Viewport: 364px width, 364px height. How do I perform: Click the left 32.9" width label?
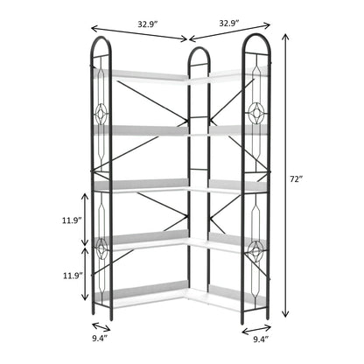148,24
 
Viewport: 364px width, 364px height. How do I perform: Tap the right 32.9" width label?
229,23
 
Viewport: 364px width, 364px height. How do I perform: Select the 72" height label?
295,179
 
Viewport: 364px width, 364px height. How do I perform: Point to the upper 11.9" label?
71,220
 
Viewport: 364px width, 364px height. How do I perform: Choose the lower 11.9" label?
73,276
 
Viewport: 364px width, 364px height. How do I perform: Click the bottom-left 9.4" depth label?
100,339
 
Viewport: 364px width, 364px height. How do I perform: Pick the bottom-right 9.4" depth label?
261,339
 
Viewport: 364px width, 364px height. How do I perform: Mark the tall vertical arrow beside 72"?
285,175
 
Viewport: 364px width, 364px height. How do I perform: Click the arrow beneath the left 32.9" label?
139,33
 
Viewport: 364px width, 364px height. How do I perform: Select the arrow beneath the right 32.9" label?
230,31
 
